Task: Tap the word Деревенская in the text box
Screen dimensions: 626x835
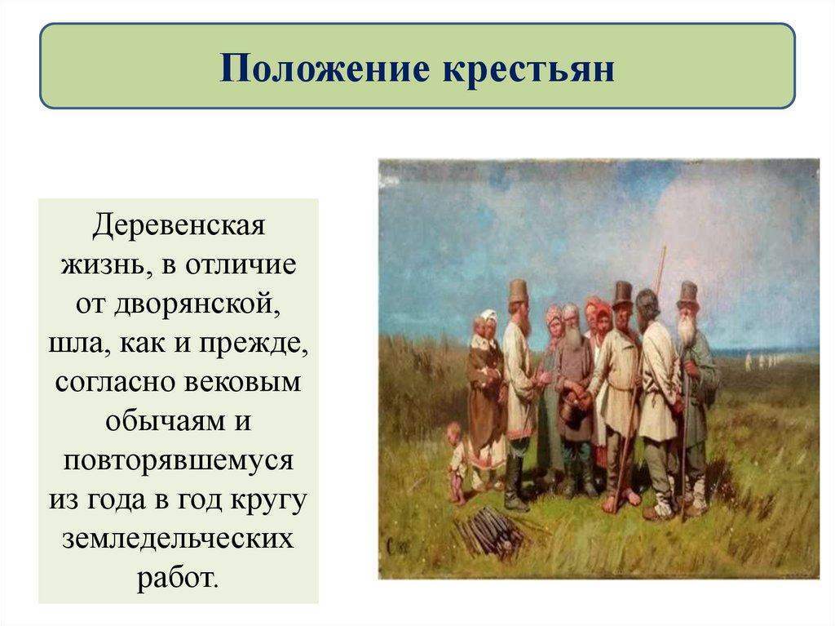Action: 179,225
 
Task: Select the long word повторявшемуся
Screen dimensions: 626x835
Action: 179,460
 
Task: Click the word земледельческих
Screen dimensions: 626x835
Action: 179,539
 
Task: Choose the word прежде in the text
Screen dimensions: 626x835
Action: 260,343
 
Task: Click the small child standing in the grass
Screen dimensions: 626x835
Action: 457,461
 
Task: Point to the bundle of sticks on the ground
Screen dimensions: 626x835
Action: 489,531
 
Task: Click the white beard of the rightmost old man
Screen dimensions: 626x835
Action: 687,331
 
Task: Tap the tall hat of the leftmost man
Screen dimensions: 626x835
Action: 518,290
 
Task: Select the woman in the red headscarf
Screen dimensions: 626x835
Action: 602,314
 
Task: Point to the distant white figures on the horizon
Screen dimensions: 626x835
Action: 762,359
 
